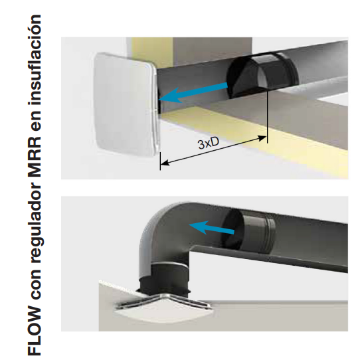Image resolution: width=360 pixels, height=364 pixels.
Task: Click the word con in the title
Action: [36, 286]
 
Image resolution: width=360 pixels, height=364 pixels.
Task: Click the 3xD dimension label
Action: [209, 143]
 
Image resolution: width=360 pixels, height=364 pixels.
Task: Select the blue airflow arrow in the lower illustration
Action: [212, 227]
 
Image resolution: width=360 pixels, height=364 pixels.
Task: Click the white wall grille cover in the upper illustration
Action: [126, 105]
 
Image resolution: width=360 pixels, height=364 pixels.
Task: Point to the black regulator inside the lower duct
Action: [248, 231]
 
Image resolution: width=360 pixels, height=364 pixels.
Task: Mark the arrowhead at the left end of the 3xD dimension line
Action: [165, 163]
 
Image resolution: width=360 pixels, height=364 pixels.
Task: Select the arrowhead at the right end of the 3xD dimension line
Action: [262, 138]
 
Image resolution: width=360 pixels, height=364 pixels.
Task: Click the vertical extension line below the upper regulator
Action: [268, 117]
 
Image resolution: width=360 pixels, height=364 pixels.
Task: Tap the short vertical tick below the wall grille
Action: [160, 161]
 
